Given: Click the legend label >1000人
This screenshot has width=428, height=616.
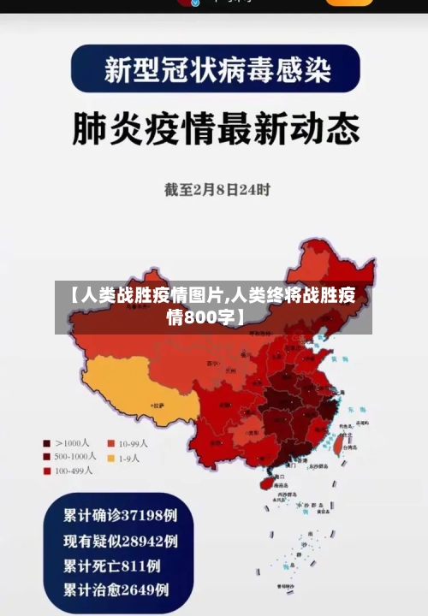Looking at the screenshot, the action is [x=73, y=443].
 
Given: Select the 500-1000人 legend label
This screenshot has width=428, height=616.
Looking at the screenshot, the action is [x=75, y=457].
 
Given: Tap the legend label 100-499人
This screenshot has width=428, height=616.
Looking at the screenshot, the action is [x=74, y=471].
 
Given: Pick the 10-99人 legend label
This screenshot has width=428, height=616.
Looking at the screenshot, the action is [x=134, y=443].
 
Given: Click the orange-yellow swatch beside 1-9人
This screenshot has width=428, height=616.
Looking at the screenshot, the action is [x=111, y=458].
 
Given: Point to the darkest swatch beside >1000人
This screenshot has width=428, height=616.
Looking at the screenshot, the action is [x=47, y=443].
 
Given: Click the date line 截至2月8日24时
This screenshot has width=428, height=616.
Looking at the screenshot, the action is [x=217, y=190].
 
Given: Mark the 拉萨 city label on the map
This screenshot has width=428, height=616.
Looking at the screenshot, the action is [x=158, y=403].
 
